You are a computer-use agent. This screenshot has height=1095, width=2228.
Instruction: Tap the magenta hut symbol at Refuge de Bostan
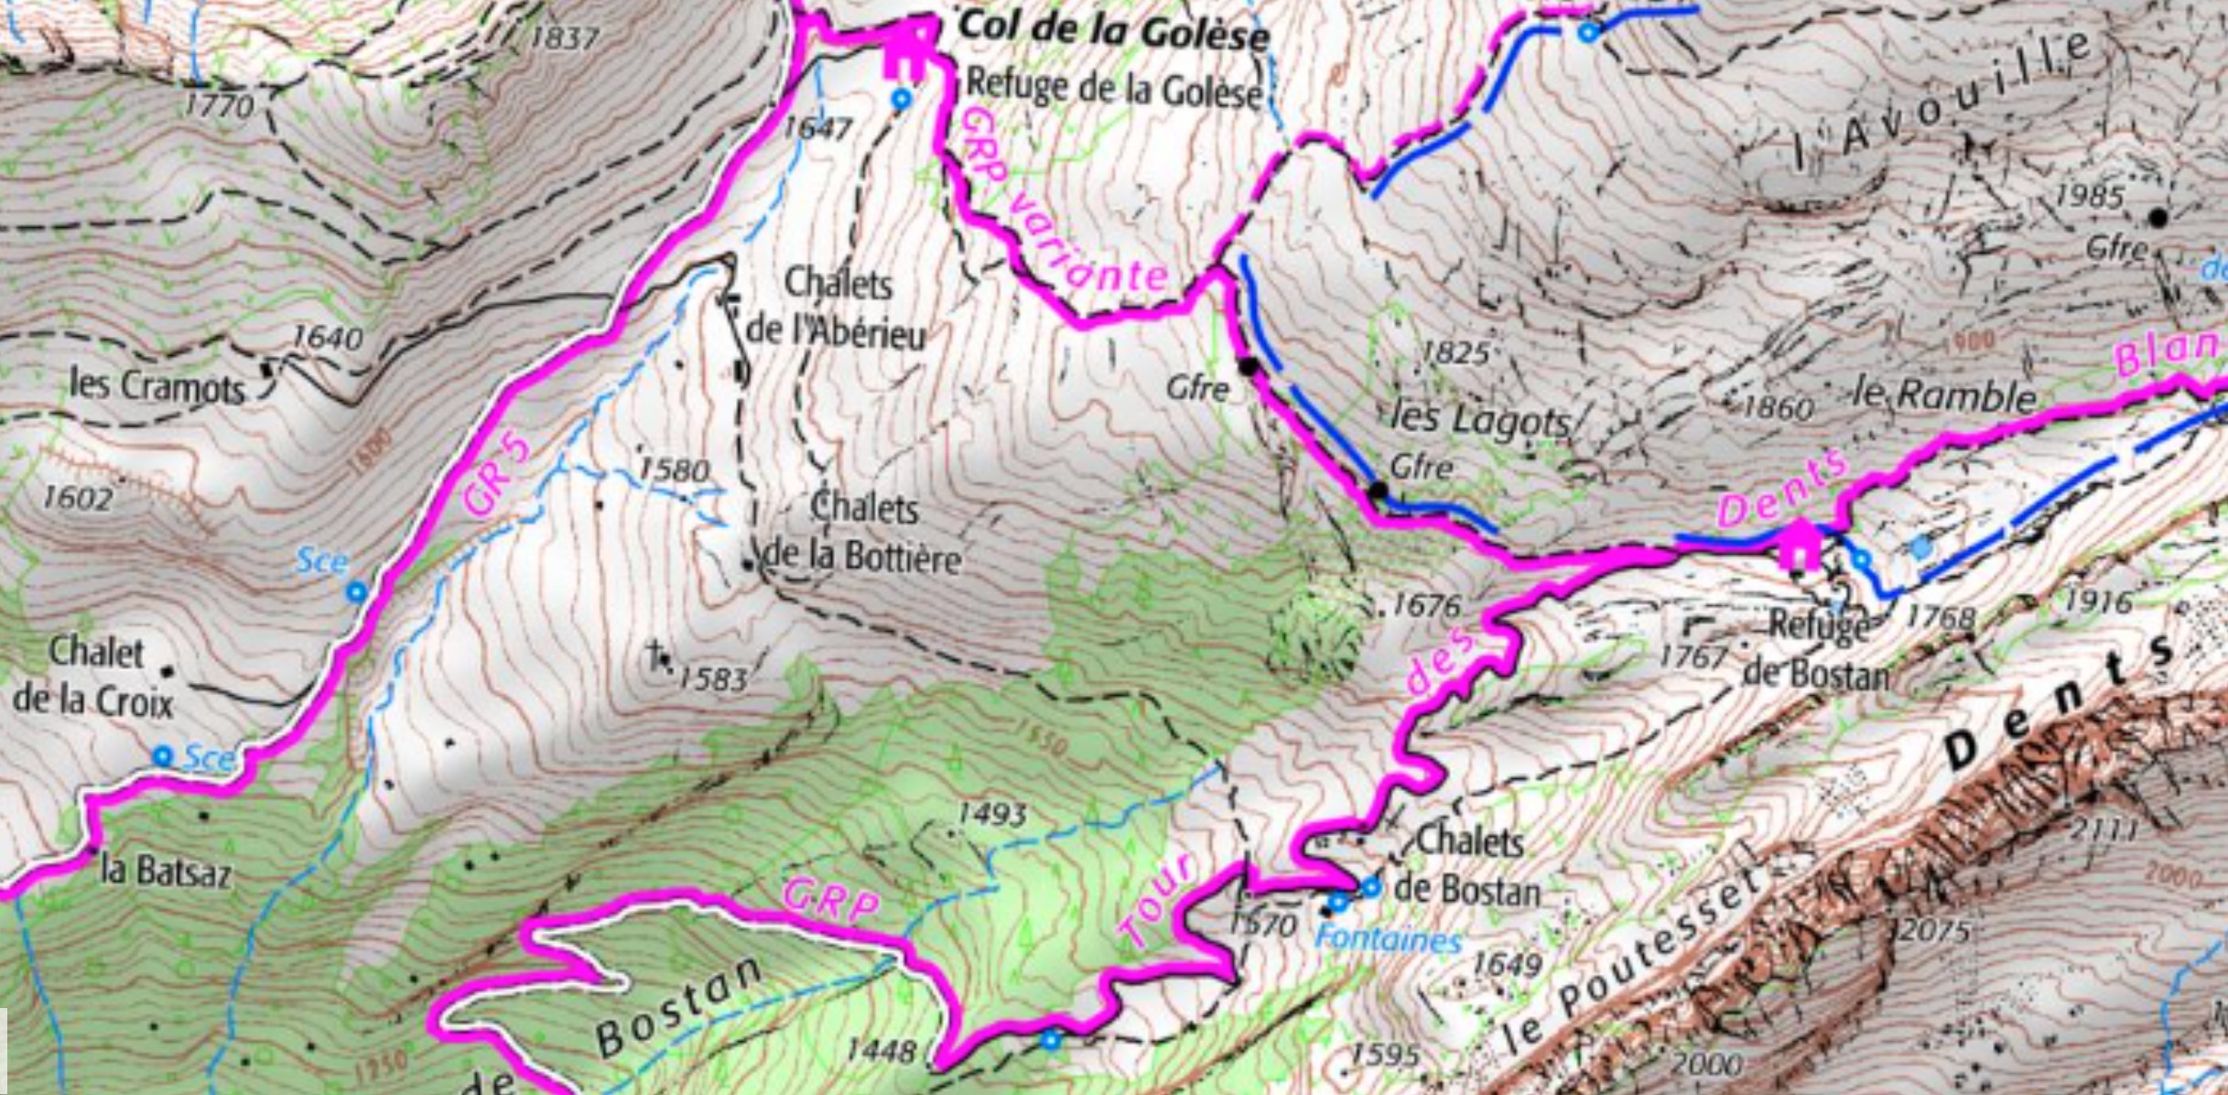click(x=1799, y=546)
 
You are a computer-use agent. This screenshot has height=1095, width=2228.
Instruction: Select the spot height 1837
click(x=565, y=38)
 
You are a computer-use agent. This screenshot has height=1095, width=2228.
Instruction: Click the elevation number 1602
click(x=78, y=499)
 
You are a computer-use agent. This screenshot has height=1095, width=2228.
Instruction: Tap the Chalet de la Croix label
click(x=93, y=678)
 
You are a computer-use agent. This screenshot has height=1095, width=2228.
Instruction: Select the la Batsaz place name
click(x=166, y=871)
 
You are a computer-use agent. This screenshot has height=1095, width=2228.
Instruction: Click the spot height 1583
click(x=713, y=679)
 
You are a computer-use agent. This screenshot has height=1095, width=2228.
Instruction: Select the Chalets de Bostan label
click(x=1467, y=865)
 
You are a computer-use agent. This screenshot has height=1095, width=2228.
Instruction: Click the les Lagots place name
click(x=1479, y=420)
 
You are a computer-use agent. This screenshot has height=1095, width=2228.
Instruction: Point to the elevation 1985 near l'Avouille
click(x=2090, y=196)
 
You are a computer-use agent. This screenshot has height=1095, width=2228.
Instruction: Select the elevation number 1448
click(x=881, y=1050)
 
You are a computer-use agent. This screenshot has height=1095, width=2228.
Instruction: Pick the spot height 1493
click(x=991, y=814)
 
